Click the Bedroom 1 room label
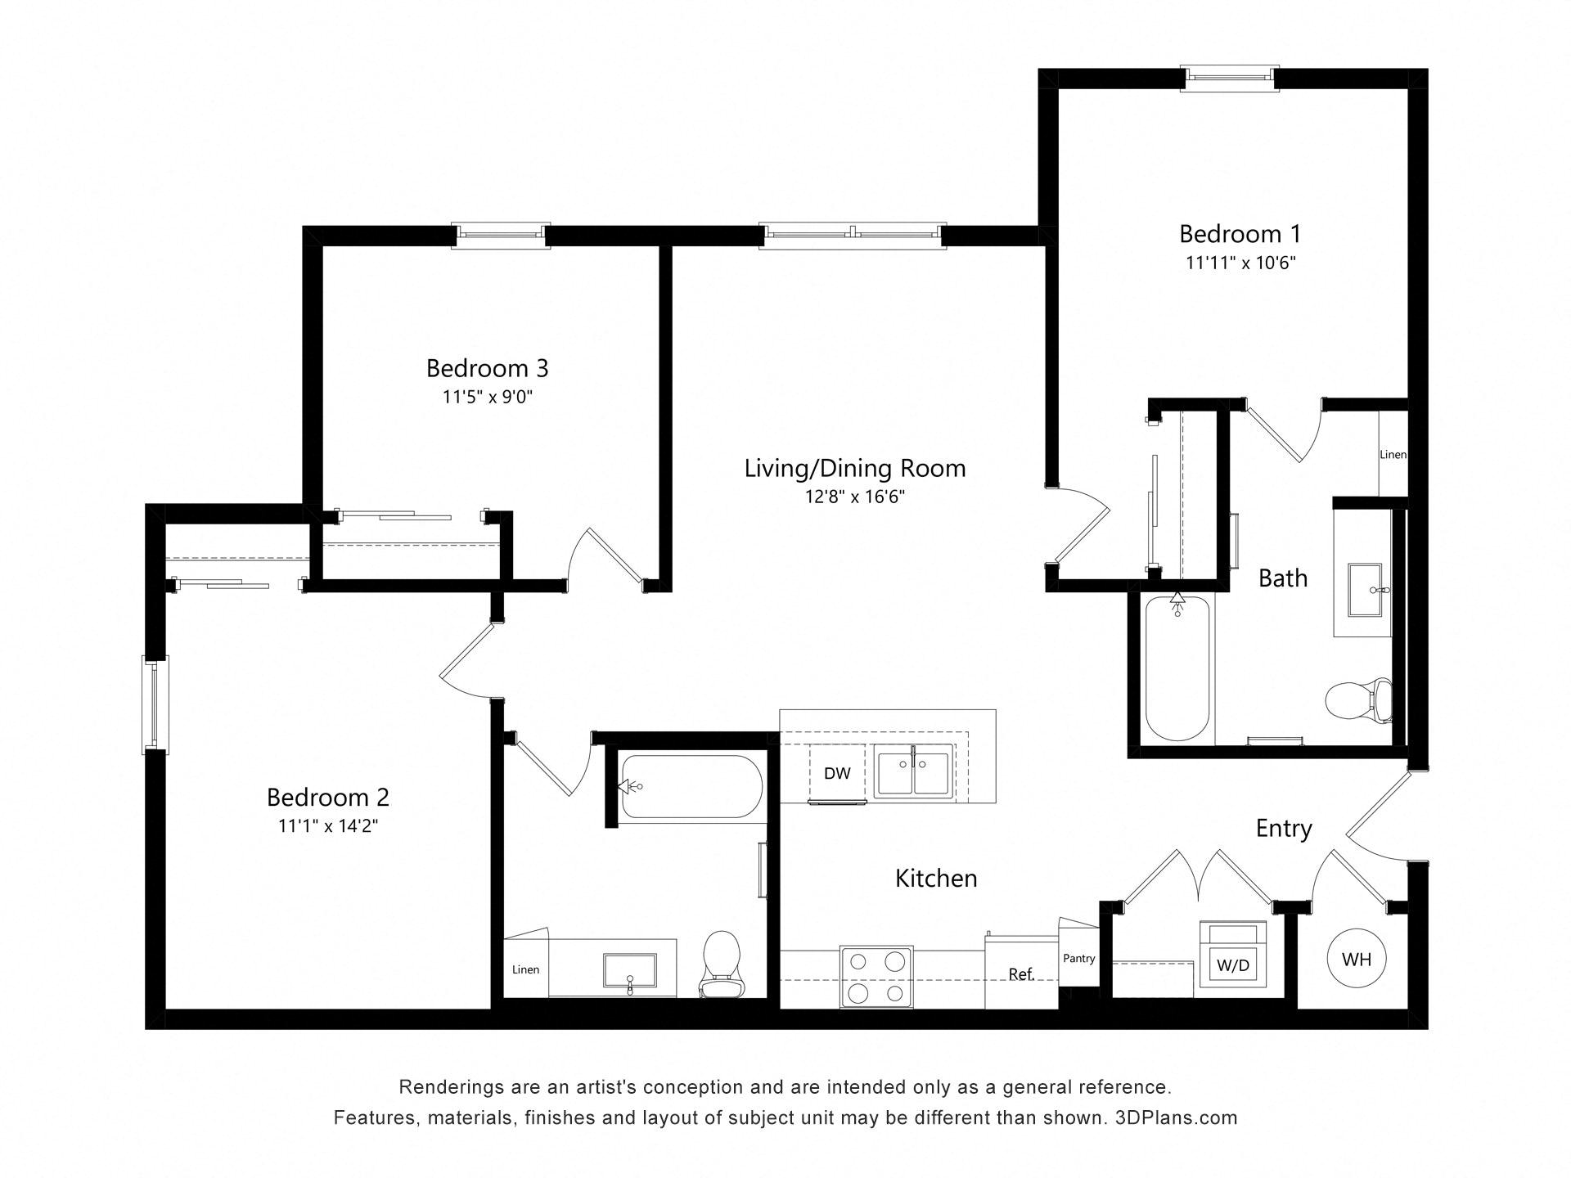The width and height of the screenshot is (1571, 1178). click(1240, 234)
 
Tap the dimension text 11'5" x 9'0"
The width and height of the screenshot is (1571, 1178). click(488, 398)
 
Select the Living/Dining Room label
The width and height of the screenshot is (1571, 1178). click(854, 468)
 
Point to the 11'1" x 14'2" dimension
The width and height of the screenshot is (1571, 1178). click(327, 826)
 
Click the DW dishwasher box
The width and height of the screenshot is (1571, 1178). click(837, 773)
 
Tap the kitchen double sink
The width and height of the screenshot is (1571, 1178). click(912, 771)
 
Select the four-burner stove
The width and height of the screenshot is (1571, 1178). click(876, 977)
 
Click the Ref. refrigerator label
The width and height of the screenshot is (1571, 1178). click(1020, 974)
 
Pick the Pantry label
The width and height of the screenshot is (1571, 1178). click(1078, 958)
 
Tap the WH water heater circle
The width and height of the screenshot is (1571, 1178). click(1356, 959)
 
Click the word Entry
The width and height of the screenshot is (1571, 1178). click(1284, 829)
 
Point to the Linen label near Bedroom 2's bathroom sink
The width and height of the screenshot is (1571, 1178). click(525, 969)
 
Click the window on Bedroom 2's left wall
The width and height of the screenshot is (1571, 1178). click(155, 704)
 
